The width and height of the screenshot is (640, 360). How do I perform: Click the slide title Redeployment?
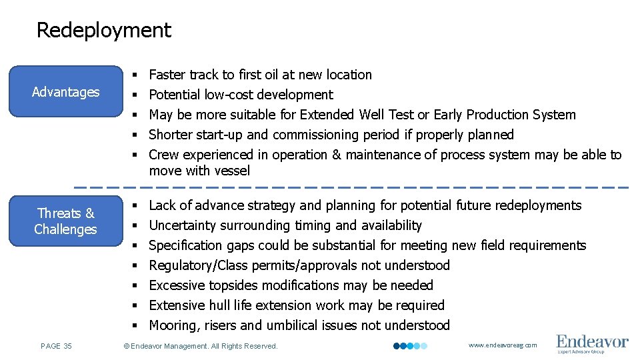tap(103, 30)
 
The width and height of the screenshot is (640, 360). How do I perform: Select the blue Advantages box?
tap(65, 92)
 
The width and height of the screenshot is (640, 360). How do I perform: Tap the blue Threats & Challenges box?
tap(65, 221)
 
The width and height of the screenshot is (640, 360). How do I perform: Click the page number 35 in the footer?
tap(56, 346)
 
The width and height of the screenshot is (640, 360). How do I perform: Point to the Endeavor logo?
tap(592, 344)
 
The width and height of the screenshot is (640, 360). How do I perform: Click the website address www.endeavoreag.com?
tap(503, 345)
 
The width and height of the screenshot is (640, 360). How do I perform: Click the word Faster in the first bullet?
tap(167, 75)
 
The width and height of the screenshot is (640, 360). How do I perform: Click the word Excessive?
tap(177, 285)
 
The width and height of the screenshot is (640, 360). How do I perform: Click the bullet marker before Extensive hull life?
tap(135, 305)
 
